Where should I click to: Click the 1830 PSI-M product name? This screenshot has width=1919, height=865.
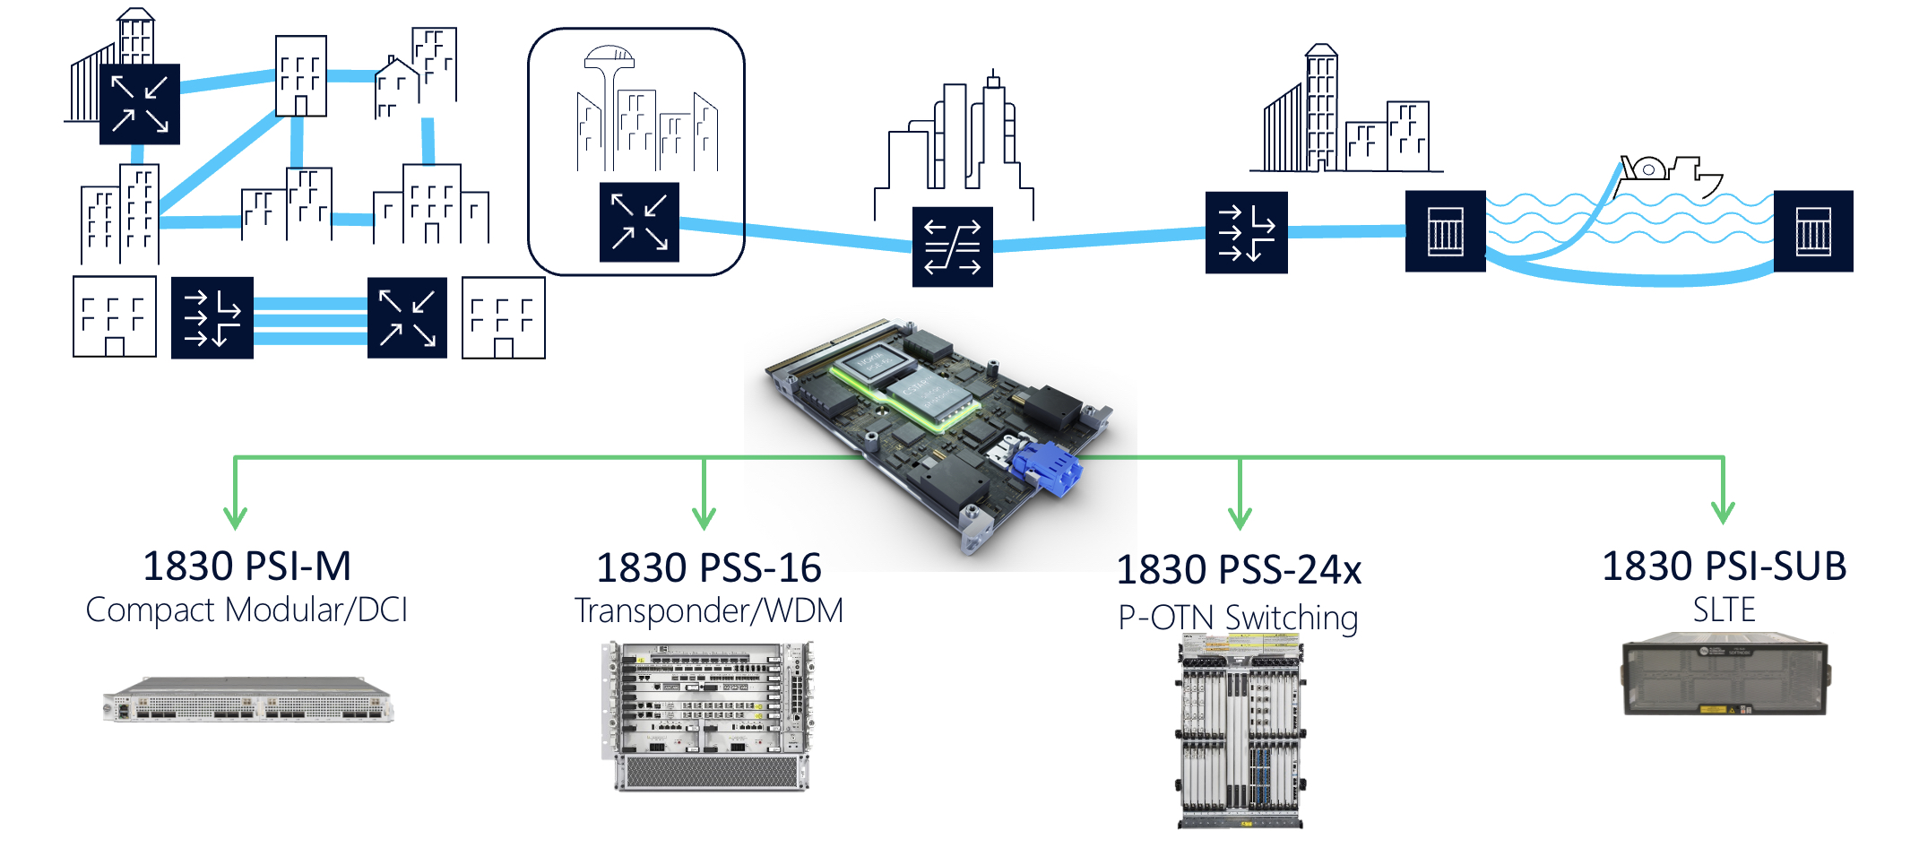[246, 567]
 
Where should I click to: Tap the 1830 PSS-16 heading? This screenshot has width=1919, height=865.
[708, 568]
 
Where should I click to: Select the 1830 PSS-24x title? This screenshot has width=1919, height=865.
[1239, 570]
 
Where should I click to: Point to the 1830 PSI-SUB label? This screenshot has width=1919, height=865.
[1724, 567]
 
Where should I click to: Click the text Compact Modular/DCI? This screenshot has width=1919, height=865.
[246, 610]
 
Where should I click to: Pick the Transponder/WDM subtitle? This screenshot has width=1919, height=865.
[708, 611]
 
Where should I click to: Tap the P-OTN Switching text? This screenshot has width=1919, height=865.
[1238, 618]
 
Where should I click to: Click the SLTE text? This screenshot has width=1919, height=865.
[1724, 610]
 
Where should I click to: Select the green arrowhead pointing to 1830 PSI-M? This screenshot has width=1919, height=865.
[235, 517]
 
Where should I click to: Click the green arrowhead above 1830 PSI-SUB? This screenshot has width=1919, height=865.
[1723, 513]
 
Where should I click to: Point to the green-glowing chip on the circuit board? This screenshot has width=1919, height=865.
[901, 385]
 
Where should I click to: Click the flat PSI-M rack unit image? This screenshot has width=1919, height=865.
[248, 700]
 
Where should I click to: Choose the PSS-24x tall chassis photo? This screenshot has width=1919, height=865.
[1240, 732]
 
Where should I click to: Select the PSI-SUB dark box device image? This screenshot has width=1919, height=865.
[1725, 675]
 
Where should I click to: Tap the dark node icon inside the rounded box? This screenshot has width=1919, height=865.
[639, 222]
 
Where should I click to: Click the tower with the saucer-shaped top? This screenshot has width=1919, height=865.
[609, 99]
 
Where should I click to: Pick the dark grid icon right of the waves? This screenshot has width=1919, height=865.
[1812, 231]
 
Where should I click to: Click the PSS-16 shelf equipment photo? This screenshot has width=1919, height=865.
[708, 715]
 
